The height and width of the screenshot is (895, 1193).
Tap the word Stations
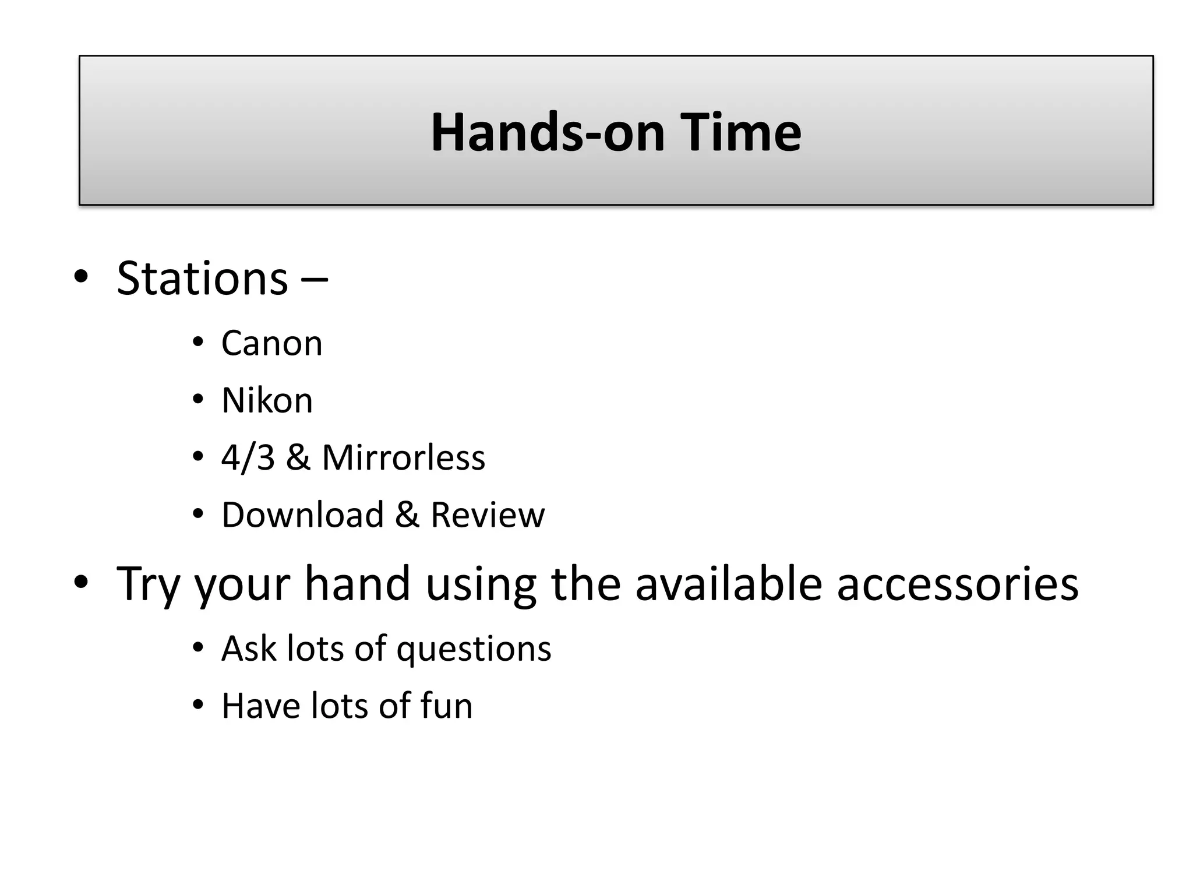click(202, 279)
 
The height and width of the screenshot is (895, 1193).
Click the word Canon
click(271, 343)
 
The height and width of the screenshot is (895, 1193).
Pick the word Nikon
click(267, 400)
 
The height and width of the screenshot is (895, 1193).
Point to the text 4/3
click(248, 457)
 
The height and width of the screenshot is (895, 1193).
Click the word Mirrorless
click(403, 457)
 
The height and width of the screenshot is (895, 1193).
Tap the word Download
click(302, 515)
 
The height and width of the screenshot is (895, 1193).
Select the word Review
click(488, 515)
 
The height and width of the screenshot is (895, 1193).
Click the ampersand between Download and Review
click(407, 515)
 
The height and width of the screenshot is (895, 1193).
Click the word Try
click(147, 584)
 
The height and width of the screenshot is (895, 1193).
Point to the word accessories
click(957, 584)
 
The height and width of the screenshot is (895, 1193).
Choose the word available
click(729, 584)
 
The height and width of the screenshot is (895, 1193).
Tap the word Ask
click(248, 649)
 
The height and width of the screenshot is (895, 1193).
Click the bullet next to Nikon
click(198, 400)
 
